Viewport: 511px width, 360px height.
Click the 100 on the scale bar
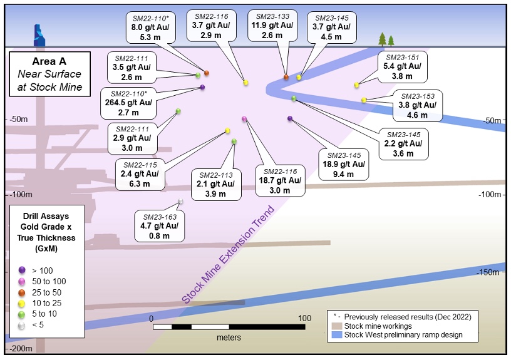[304, 318]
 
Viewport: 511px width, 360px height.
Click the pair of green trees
[386, 39]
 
